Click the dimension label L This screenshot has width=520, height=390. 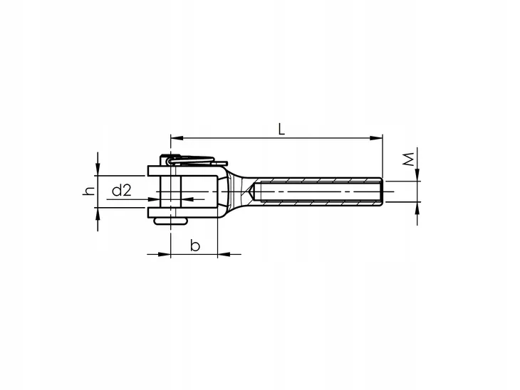tap(281, 129)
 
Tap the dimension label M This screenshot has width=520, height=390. tap(409, 159)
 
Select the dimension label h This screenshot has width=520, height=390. tap(89, 191)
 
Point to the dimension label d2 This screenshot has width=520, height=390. tap(122, 191)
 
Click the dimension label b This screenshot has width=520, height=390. tap(195, 246)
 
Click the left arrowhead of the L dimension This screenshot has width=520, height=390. tap(177, 138)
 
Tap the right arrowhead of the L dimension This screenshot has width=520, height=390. tap(376, 138)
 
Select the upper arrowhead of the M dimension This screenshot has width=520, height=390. tap(417, 175)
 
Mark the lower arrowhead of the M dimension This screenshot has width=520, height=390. tap(417, 208)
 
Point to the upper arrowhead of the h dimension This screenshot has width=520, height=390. tap(98, 169)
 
